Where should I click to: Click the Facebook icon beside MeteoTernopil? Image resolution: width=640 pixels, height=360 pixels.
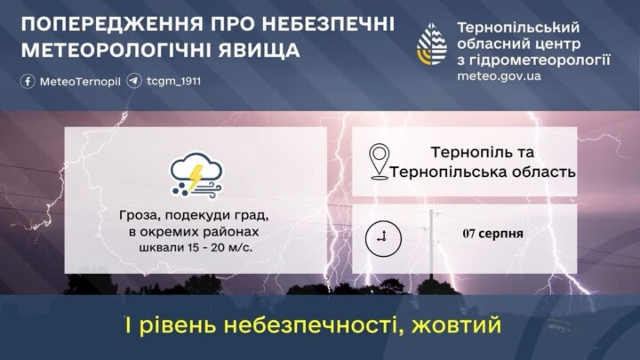point(28,81)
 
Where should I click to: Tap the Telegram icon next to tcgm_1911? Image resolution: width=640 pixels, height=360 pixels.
point(134,81)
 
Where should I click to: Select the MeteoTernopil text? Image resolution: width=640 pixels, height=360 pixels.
point(80,82)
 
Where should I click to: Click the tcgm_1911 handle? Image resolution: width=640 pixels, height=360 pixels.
point(174,81)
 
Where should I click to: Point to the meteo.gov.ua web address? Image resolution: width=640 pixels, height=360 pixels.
point(499,76)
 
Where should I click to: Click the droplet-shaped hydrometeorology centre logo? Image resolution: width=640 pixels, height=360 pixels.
point(432,44)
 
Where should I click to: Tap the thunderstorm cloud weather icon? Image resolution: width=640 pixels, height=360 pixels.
point(196,176)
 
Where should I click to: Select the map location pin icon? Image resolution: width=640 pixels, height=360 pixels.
point(380,162)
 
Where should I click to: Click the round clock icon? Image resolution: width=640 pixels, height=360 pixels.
point(383,239)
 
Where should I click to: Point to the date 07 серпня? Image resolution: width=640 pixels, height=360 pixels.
point(493,234)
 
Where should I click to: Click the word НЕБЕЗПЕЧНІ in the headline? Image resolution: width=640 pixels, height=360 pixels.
point(328,25)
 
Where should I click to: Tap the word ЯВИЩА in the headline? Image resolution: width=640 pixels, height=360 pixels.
point(259,51)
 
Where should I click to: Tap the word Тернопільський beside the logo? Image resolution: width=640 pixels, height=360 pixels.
point(518,28)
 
